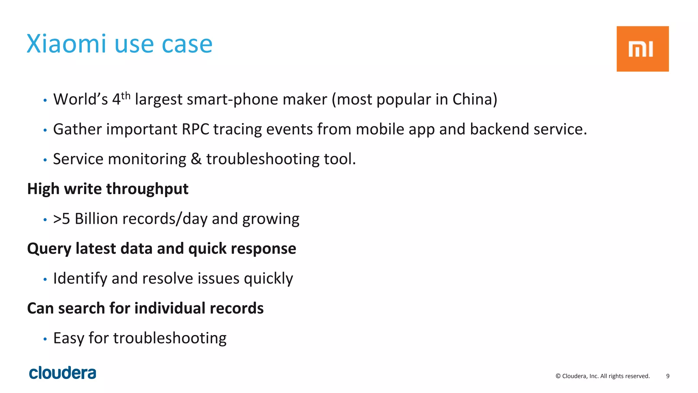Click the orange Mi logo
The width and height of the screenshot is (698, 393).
pos(642,49)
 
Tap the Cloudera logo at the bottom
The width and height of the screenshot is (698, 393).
pos(62,373)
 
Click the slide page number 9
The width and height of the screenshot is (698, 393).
pos(668,376)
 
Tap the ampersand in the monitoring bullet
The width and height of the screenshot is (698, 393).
pos(196,159)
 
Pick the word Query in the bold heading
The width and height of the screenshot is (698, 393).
pos(49,249)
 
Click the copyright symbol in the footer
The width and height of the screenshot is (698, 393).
pos(558,376)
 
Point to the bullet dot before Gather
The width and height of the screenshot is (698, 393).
pos(45,130)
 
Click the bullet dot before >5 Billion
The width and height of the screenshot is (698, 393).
pos(45,220)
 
